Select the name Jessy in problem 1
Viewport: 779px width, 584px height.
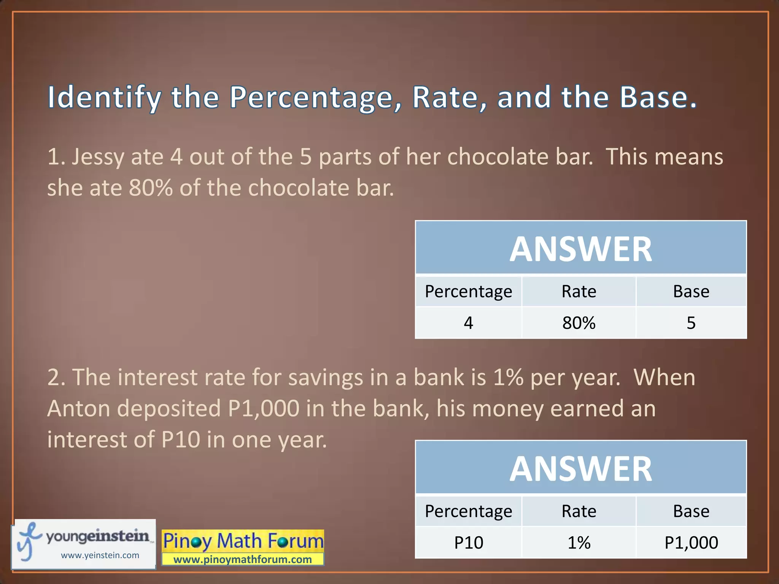(98, 157)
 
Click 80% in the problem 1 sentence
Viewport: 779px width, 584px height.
(151, 188)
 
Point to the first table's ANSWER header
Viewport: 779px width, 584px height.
(580, 249)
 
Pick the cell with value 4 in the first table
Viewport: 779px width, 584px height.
(468, 323)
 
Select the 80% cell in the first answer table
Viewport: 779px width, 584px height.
(579, 323)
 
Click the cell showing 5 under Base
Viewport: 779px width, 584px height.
(691, 323)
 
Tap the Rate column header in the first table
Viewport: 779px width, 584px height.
(579, 292)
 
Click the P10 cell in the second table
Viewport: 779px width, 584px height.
(468, 543)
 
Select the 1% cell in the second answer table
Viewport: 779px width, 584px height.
(579, 543)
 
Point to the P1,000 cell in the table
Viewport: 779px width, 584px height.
(691, 543)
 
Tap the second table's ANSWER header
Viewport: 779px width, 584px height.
(580, 469)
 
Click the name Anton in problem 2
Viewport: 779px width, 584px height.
(78, 409)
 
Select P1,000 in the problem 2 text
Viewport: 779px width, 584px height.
(264, 409)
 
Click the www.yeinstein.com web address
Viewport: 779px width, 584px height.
(100, 555)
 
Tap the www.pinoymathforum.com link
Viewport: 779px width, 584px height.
(243, 559)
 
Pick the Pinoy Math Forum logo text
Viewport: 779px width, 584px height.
(243, 541)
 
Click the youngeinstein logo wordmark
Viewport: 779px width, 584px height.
(97, 536)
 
